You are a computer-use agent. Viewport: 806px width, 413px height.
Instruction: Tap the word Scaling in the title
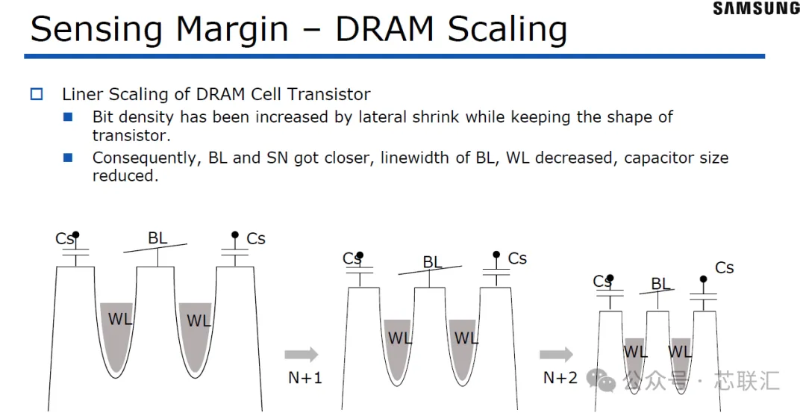(507, 30)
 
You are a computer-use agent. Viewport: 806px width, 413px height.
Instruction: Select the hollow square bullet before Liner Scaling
(37, 94)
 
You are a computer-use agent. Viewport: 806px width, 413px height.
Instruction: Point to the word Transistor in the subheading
(328, 94)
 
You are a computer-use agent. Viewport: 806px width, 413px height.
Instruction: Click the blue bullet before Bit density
(68, 117)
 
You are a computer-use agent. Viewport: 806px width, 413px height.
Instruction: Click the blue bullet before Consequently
(68, 158)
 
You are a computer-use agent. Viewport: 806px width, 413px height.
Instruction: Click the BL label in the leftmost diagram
(157, 237)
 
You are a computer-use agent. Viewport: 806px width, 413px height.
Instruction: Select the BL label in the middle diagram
(433, 262)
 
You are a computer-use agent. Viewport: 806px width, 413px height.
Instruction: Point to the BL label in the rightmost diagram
(660, 283)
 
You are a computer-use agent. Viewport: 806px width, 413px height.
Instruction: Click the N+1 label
(305, 378)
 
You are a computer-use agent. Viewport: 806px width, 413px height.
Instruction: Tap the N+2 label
(560, 378)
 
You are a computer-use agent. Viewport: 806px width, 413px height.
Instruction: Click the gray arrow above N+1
(302, 354)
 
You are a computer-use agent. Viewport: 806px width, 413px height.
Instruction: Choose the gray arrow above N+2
(556, 354)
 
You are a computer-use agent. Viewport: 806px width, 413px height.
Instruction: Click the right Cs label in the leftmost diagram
(256, 239)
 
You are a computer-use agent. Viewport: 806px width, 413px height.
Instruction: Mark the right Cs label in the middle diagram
(518, 258)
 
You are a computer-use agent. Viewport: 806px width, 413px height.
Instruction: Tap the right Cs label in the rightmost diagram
(724, 268)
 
